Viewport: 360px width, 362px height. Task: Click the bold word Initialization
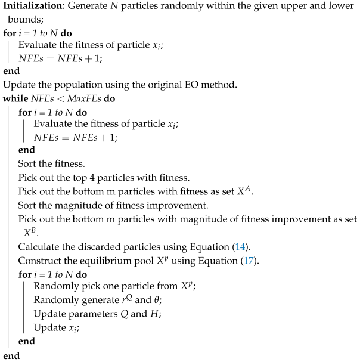(30, 7)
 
